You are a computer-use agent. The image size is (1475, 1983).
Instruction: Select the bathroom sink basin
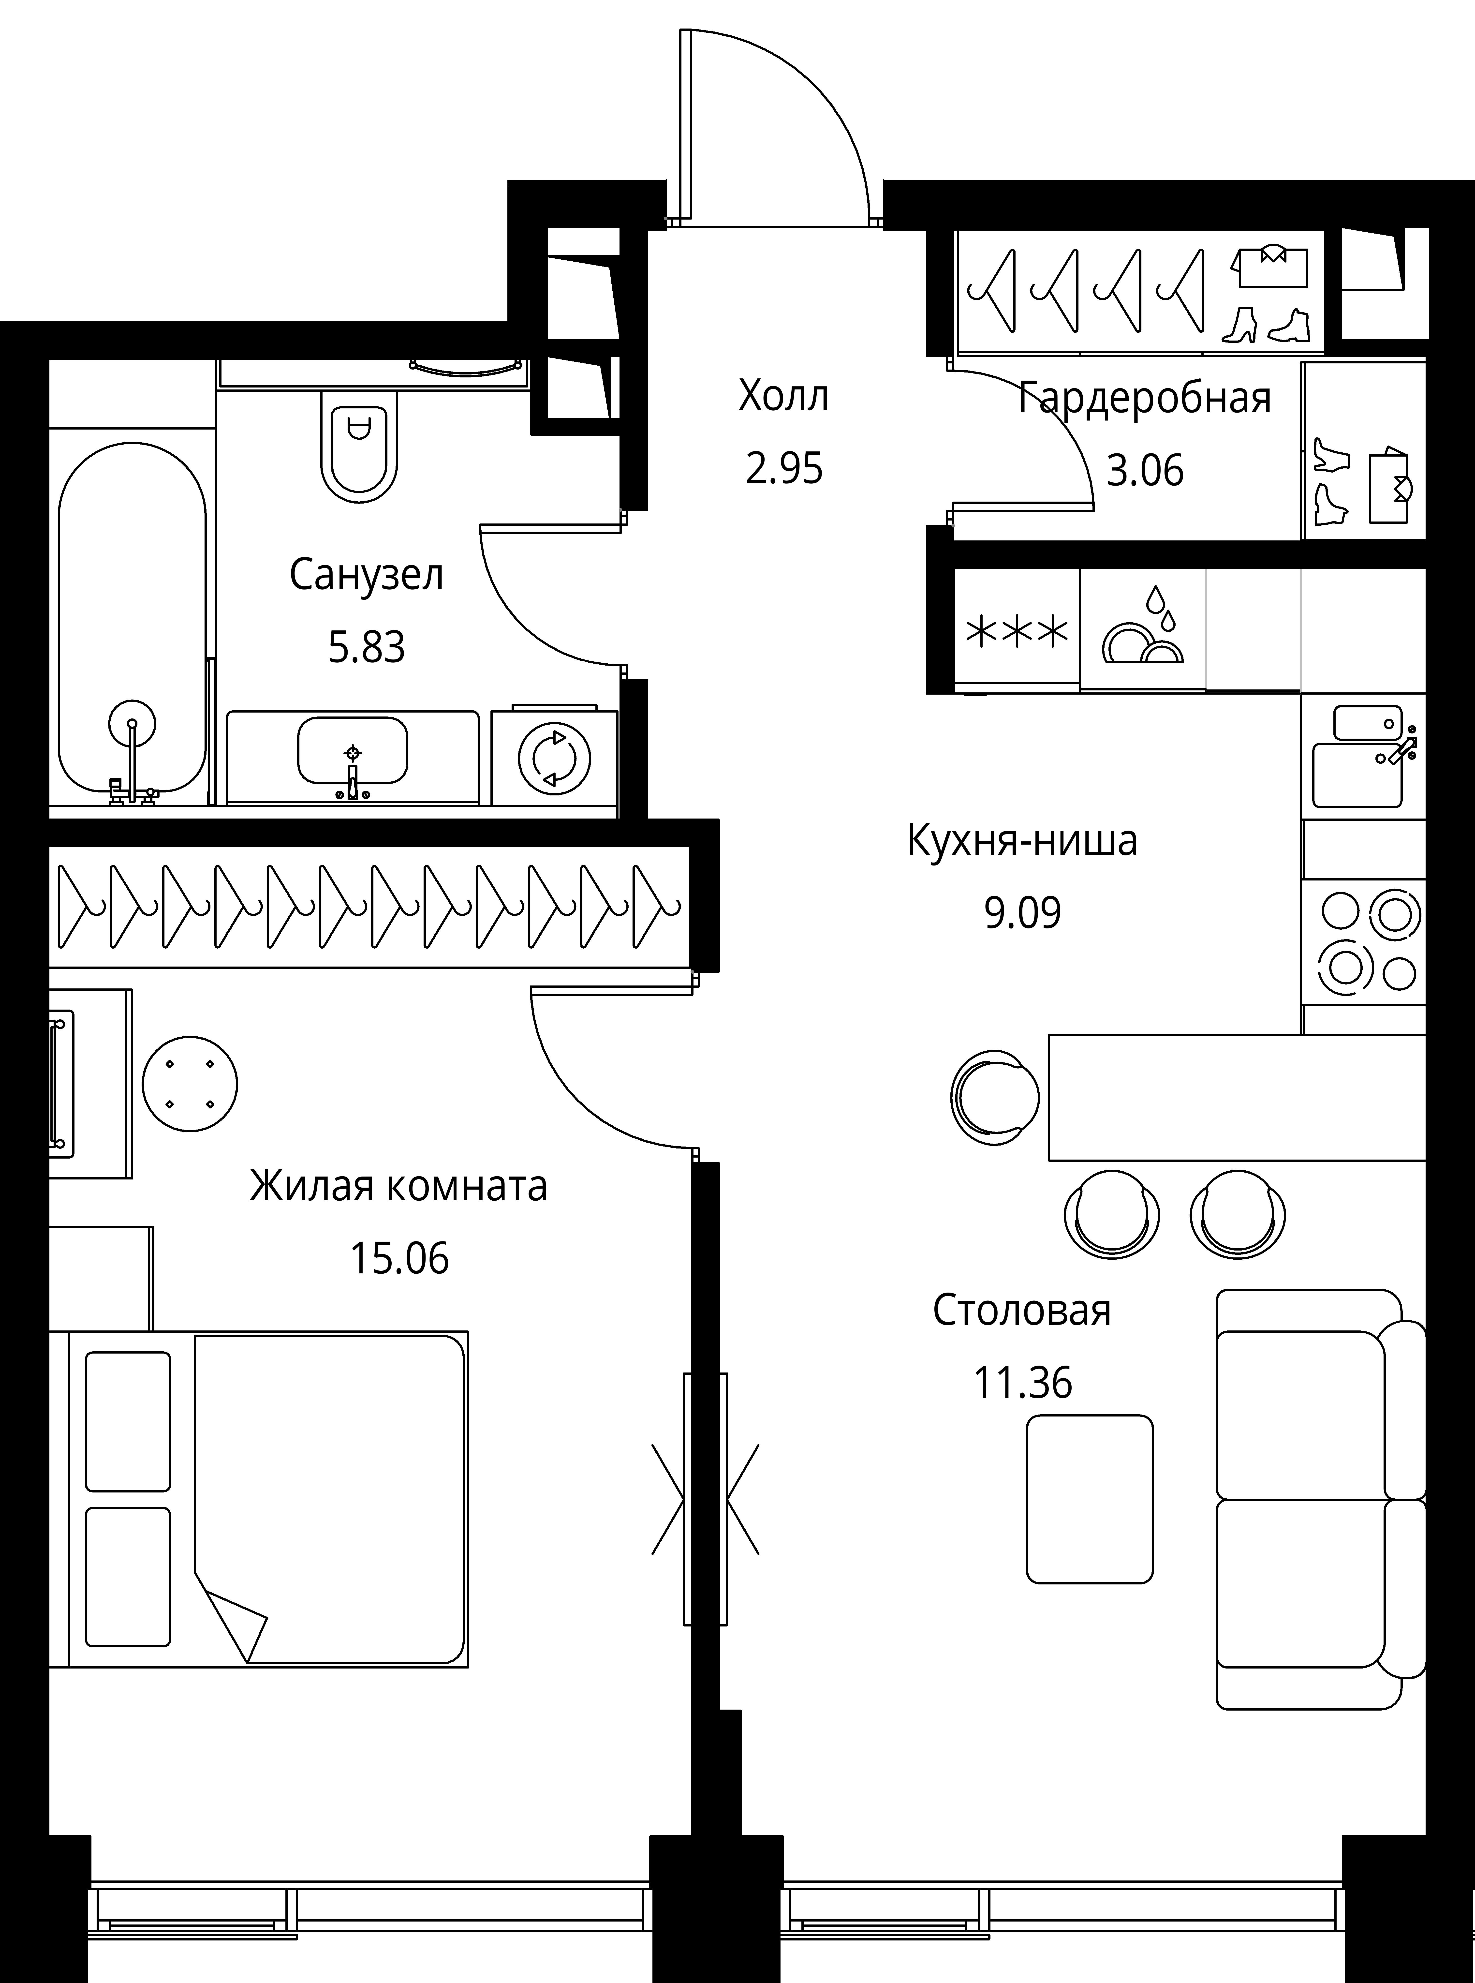coord(353,750)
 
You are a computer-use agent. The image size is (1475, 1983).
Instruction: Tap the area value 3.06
coord(1145,470)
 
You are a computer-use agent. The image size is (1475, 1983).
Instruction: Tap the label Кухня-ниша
coord(1022,841)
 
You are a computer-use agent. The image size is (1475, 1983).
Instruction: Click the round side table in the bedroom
coord(190,1083)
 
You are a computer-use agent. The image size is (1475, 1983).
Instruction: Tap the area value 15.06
coord(399,1259)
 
